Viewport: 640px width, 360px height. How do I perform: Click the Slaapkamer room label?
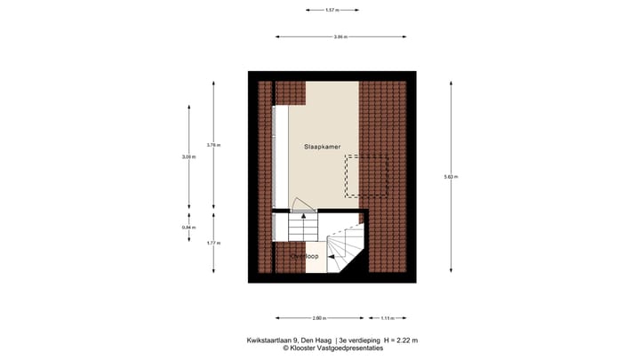click(x=322, y=147)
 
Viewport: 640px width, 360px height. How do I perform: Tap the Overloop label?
click(x=305, y=256)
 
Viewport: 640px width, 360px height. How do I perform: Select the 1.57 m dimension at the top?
click(x=332, y=11)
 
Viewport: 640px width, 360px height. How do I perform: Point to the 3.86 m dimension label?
click(x=340, y=36)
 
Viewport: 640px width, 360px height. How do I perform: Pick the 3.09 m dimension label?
click(x=188, y=157)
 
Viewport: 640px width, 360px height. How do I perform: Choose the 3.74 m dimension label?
click(x=213, y=145)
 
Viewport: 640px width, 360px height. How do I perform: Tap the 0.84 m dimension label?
click(x=188, y=227)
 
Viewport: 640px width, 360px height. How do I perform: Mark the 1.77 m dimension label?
click(x=213, y=243)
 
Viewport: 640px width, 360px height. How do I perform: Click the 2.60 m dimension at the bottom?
click(x=318, y=317)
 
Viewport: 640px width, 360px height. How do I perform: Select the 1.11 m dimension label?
click(x=388, y=317)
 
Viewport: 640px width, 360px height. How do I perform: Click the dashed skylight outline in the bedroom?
click(x=368, y=175)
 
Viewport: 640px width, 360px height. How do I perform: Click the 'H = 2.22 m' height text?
click(x=400, y=340)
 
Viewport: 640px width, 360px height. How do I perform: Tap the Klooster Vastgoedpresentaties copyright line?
click(x=332, y=348)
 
